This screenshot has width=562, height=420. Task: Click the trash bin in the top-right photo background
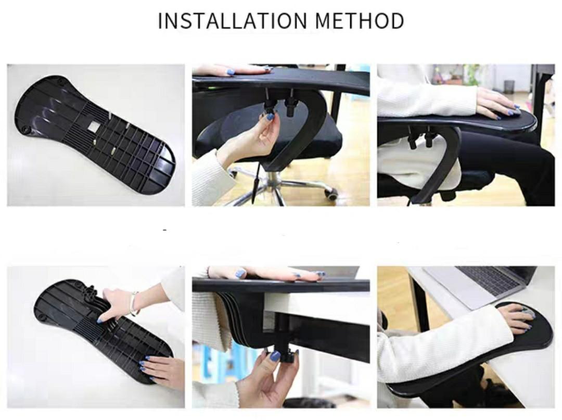[x=509, y=86]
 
